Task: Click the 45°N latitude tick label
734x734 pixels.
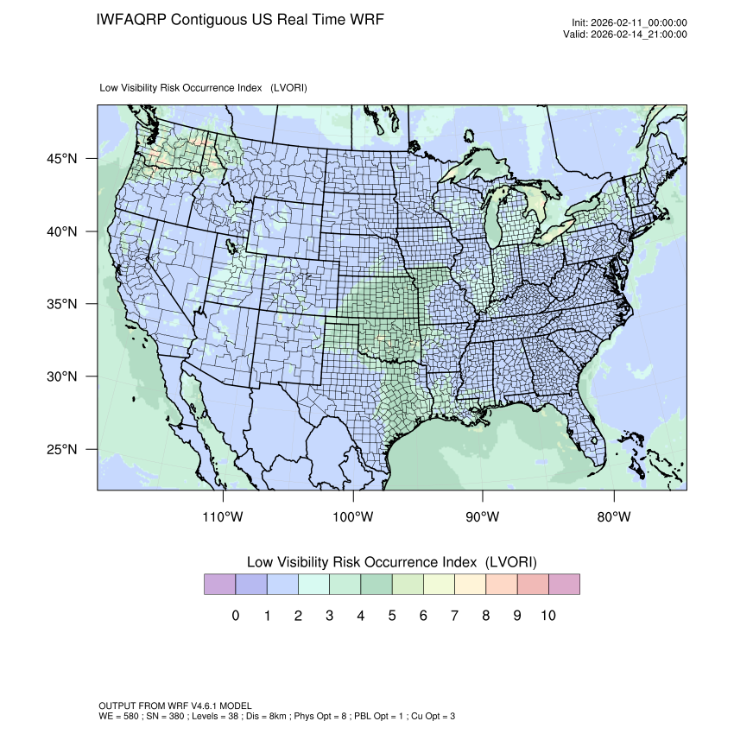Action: [x=61, y=159]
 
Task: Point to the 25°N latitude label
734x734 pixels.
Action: [x=61, y=449]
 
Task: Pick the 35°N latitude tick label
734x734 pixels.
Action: [x=61, y=304]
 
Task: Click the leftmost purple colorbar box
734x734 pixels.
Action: [x=219, y=585]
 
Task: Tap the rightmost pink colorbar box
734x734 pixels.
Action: [x=564, y=585]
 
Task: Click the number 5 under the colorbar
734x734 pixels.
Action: [x=392, y=616]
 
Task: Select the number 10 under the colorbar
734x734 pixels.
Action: [x=548, y=616]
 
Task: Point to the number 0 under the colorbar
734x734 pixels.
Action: [x=235, y=616]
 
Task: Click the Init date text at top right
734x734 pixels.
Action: [x=629, y=23]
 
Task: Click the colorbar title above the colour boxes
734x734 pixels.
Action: [x=391, y=562]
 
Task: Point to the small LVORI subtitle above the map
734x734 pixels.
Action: [x=204, y=88]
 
